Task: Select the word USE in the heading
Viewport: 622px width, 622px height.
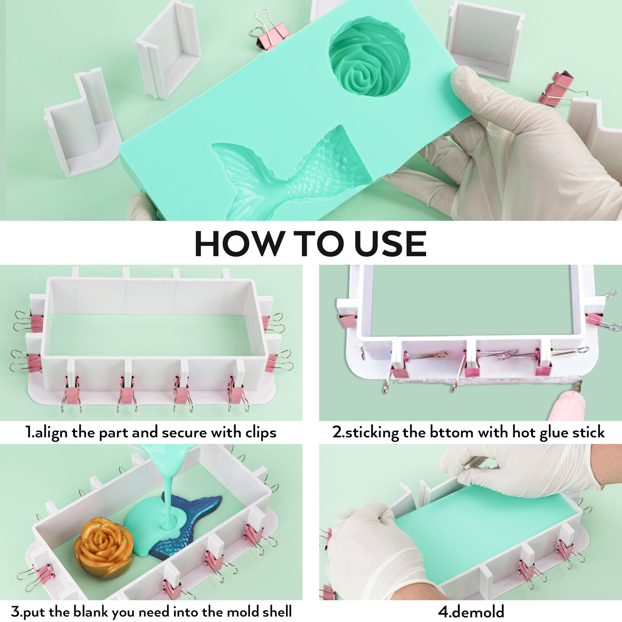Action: tap(390, 244)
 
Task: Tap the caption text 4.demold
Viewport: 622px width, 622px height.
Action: tap(471, 612)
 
